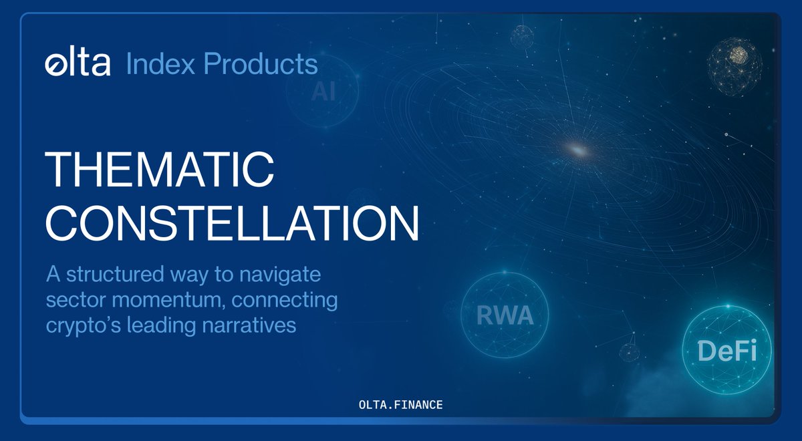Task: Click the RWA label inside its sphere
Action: click(x=505, y=315)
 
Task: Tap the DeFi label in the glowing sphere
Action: click(x=727, y=351)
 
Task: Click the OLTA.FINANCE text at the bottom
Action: click(x=400, y=405)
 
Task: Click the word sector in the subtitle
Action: click(x=70, y=301)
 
